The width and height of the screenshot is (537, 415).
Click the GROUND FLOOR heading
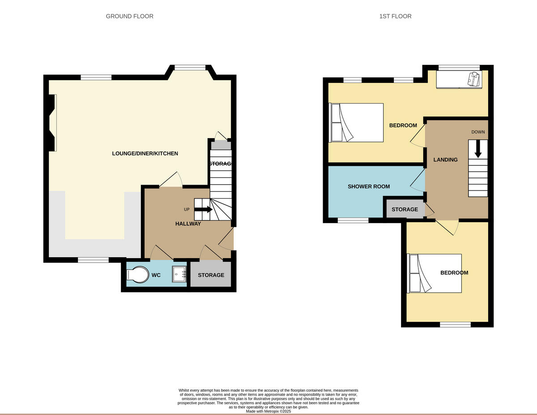(129, 16)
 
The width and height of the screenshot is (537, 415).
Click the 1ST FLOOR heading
(395, 16)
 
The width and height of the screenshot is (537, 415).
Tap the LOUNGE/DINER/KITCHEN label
(145, 153)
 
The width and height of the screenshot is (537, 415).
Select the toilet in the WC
(137, 275)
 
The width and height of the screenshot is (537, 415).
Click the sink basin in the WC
(180, 274)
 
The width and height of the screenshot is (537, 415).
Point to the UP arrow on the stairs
(204, 209)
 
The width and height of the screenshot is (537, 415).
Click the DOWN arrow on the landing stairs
(478, 149)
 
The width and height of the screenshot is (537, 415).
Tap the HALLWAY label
(188, 224)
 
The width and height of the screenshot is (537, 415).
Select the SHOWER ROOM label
(368, 186)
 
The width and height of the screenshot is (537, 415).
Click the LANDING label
(445, 160)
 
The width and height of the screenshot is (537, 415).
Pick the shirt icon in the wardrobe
(473, 79)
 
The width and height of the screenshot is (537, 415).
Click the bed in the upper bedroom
(356, 123)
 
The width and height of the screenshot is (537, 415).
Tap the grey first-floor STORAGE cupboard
(405, 209)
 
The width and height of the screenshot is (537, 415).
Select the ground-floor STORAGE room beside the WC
(211, 275)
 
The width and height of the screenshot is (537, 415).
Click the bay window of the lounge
(190, 68)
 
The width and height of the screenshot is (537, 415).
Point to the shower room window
(353, 220)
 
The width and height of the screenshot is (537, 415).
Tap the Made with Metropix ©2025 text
(268, 411)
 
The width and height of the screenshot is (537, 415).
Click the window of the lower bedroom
(455, 324)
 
